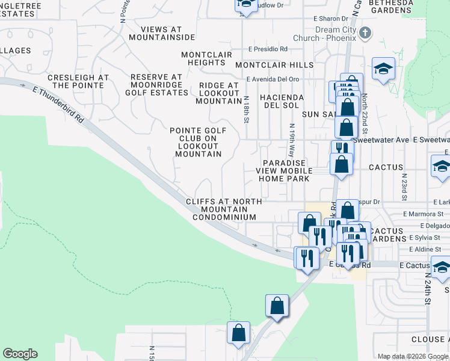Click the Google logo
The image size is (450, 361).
point(20,354)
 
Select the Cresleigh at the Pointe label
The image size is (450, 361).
point(78,82)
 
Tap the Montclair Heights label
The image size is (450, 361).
point(206,58)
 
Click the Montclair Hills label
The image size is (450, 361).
point(274,65)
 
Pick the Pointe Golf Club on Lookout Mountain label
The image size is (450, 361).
point(198,142)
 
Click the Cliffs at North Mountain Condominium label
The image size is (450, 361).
point(224,209)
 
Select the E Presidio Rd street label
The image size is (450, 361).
point(268,49)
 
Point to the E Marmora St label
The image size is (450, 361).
point(424,214)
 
